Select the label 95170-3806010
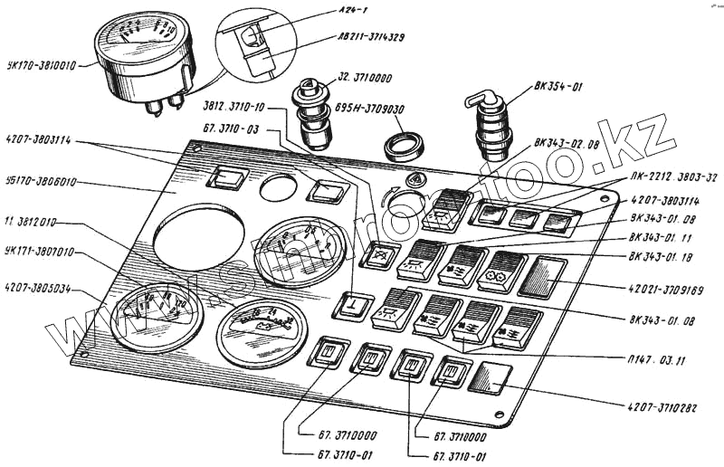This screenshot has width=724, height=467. coord(42,182)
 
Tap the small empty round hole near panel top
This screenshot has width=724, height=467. coord(278,187)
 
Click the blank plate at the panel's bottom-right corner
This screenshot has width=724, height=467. coord(491,377)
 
